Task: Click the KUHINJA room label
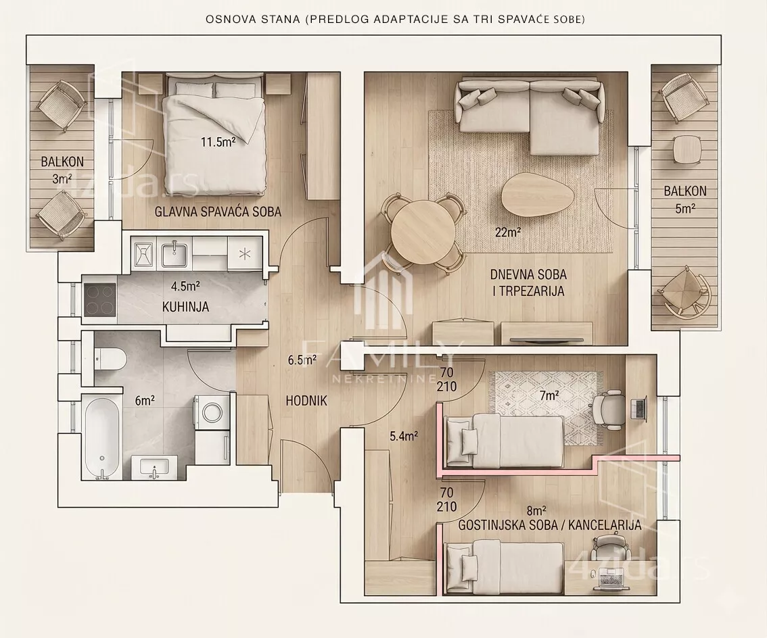(185, 307)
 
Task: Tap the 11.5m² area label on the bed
(218, 142)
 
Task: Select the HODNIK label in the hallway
(306, 401)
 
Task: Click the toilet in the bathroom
(111, 359)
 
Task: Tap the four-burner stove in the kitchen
(100, 299)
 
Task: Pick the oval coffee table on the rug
(537, 193)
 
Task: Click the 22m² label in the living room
(507, 232)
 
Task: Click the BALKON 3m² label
(62, 170)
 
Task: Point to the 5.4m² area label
(404, 437)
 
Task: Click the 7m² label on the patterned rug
(549, 395)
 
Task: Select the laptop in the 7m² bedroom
(638, 408)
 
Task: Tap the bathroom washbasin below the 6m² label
(154, 468)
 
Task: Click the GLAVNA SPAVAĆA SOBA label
(218, 212)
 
